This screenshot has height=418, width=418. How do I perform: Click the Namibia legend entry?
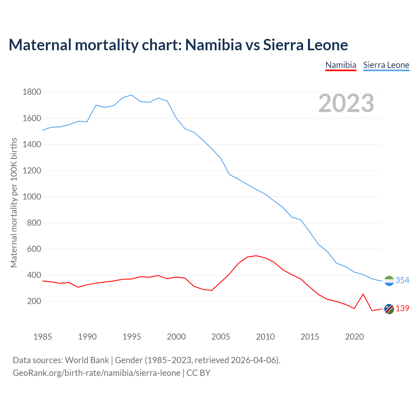(x=341, y=65)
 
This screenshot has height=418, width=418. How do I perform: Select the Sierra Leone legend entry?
(x=386, y=65)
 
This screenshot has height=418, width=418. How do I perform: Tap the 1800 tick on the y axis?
(x=32, y=92)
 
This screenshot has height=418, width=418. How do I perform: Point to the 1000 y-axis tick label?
(x=32, y=197)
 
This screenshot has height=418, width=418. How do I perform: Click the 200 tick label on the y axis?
(x=34, y=301)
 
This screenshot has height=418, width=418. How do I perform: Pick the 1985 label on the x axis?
(x=42, y=337)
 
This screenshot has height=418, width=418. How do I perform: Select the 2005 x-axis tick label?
(x=221, y=337)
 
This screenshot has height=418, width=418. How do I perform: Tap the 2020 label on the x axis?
(x=354, y=337)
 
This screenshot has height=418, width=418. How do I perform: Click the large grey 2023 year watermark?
(x=346, y=103)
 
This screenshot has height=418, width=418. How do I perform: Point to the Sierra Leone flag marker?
(x=389, y=281)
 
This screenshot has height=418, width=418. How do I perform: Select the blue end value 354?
(x=402, y=280)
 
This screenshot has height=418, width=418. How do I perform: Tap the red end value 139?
(x=402, y=309)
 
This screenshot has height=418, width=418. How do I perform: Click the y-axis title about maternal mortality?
(x=14, y=203)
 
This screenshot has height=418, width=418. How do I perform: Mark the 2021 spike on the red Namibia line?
(x=363, y=294)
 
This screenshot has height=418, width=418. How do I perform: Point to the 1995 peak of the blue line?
(x=131, y=95)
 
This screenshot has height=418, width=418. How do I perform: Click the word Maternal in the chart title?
(x=40, y=45)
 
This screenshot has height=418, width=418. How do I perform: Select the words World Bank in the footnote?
(x=87, y=360)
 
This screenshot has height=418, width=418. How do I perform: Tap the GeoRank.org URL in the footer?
(x=96, y=373)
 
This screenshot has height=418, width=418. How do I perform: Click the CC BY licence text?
(x=198, y=373)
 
